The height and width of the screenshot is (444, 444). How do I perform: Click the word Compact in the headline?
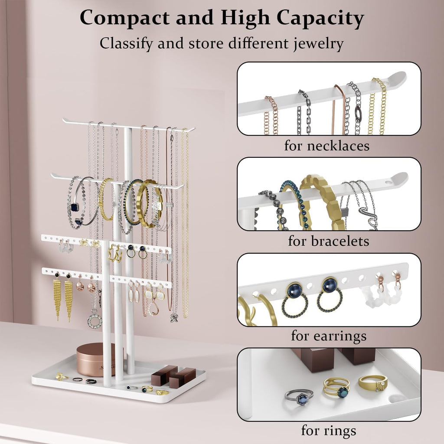124,18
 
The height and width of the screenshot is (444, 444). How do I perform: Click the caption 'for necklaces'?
327,146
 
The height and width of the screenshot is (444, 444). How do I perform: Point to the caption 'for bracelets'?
329,241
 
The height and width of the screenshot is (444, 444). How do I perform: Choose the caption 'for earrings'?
329,336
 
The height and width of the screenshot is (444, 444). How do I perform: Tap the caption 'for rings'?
329,431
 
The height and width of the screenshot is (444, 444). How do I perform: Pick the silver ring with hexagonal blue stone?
299,397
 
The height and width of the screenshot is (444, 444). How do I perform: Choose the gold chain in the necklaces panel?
378,106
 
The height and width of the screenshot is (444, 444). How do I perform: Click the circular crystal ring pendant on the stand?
95,320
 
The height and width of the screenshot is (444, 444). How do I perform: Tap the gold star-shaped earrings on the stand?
115,253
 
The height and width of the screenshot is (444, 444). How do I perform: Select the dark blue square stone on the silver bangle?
75,208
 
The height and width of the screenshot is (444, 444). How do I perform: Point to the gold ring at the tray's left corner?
62,376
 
